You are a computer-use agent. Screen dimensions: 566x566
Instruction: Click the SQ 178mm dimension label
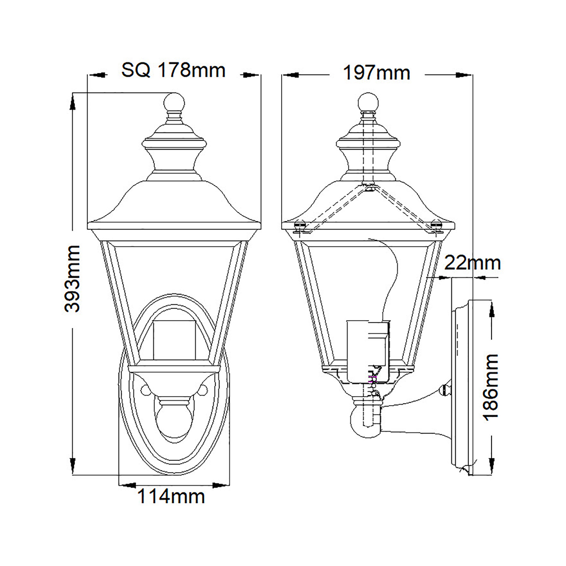point(173,71)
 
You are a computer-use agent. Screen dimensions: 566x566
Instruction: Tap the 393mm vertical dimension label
point(72,279)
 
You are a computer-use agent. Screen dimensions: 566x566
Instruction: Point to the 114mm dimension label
point(171,496)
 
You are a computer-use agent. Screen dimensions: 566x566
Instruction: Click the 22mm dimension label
point(473,263)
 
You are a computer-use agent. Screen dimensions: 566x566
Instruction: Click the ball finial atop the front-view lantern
point(174,103)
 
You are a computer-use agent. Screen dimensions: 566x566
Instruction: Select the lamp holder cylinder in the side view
point(368,352)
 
